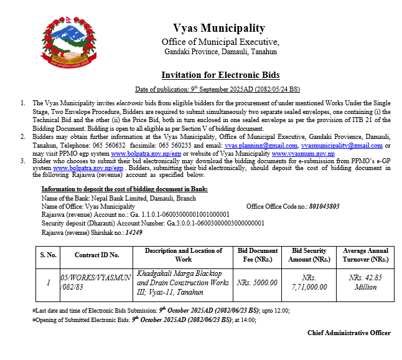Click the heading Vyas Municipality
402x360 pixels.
pos(220,28)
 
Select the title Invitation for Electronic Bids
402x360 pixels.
pos(220,75)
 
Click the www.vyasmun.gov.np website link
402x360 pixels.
pos(303,153)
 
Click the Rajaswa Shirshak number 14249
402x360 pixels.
pos(134,232)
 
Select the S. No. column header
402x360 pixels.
pos(49,255)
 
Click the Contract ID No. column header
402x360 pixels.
pos(96,255)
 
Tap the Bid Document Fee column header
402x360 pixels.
pos(258,255)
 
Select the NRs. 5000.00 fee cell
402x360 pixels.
pos(257,282)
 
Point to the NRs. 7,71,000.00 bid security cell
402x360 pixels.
pos(310,282)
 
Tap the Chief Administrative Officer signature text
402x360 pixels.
pos(348,333)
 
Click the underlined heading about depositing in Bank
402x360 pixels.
pos(124,189)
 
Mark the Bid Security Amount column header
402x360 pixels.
pos(310,255)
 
